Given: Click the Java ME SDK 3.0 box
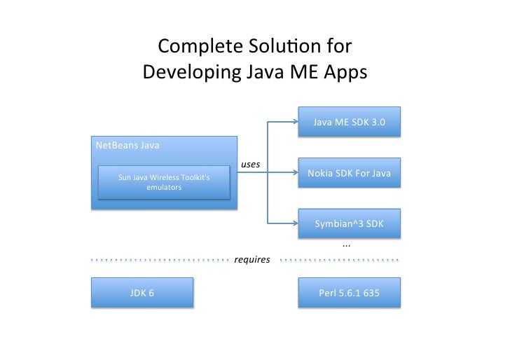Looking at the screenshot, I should (x=349, y=123).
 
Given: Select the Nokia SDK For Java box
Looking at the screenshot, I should (x=349, y=173).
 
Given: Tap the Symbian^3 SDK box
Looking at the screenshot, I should (x=349, y=223).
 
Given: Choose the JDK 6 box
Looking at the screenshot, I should (x=142, y=293).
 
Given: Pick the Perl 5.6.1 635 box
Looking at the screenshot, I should (x=349, y=293).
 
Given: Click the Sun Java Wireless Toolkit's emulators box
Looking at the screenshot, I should (x=163, y=182).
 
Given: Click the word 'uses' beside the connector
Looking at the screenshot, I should (x=250, y=164).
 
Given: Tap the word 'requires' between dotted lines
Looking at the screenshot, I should (x=252, y=259).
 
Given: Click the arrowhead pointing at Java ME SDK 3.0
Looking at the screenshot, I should (x=294, y=123).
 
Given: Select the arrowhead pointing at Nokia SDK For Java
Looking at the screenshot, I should (x=294, y=173).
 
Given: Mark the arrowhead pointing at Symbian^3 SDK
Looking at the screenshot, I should (x=294, y=223).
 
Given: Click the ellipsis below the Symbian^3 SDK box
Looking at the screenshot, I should (x=346, y=245).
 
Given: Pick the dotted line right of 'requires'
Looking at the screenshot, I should (x=339, y=259).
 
